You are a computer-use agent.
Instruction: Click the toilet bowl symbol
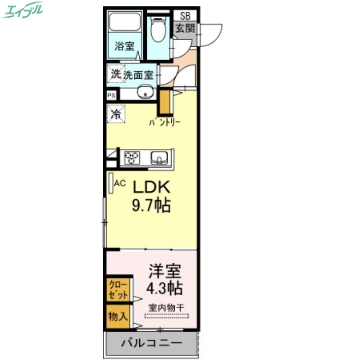tap(158, 29)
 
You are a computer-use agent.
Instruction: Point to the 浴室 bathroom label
tap(124, 45)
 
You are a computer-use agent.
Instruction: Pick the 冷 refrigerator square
tap(116, 113)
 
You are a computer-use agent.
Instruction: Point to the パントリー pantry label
tap(164, 122)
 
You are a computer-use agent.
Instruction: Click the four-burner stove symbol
tap(132, 157)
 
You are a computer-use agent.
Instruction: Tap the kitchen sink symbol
tap(160, 157)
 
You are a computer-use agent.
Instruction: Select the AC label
tap(120, 183)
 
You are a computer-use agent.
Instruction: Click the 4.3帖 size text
tap(165, 288)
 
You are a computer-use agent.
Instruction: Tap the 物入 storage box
tap(118, 316)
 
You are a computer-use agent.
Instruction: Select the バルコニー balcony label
tap(151, 343)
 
